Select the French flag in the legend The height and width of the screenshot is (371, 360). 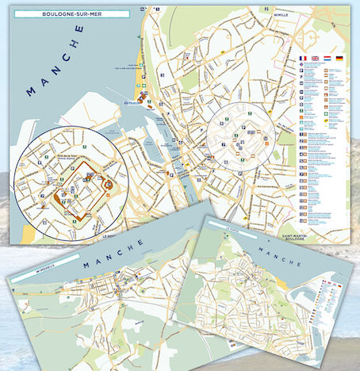[302, 59]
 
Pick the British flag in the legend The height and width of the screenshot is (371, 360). [314, 59]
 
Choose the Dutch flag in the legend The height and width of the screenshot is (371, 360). [327, 59]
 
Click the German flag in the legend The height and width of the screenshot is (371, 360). [339, 59]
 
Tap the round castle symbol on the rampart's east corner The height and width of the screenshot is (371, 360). [109, 185]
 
